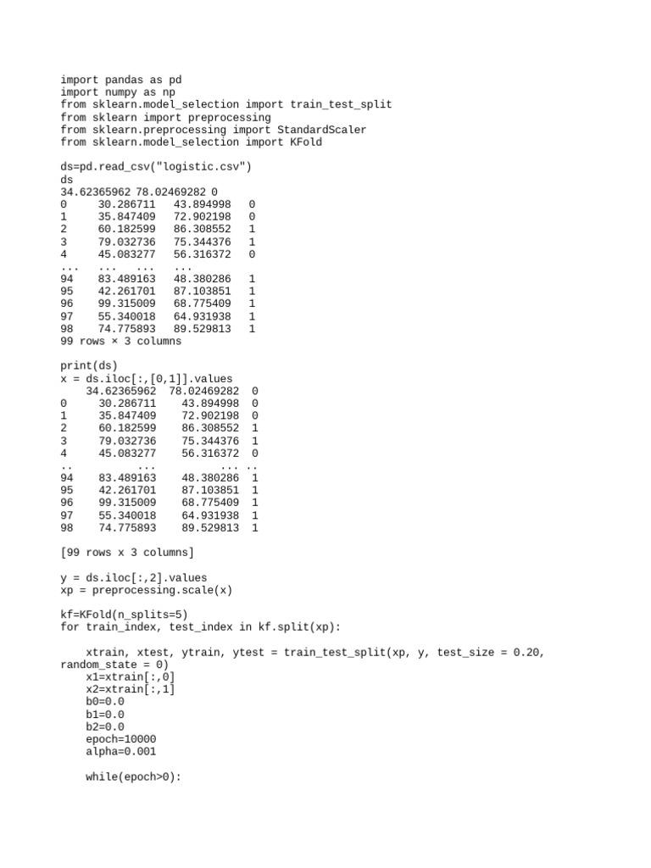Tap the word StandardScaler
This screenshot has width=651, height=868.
tap(322, 130)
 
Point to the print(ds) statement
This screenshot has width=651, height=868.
tap(89, 366)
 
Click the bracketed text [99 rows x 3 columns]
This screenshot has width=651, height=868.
tap(127, 553)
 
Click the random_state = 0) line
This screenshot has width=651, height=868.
tap(114, 665)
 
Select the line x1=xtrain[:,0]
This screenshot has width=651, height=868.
tap(131, 677)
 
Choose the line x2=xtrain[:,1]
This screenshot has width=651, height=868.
tap(131, 689)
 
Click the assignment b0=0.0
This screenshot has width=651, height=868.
tap(105, 702)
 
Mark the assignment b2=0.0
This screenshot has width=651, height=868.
tap(105, 726)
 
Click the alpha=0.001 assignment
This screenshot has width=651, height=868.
tap(121, 751)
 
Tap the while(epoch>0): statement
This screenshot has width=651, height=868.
tap(134, 776)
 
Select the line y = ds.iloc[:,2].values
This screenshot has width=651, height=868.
tap(134, 577)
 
